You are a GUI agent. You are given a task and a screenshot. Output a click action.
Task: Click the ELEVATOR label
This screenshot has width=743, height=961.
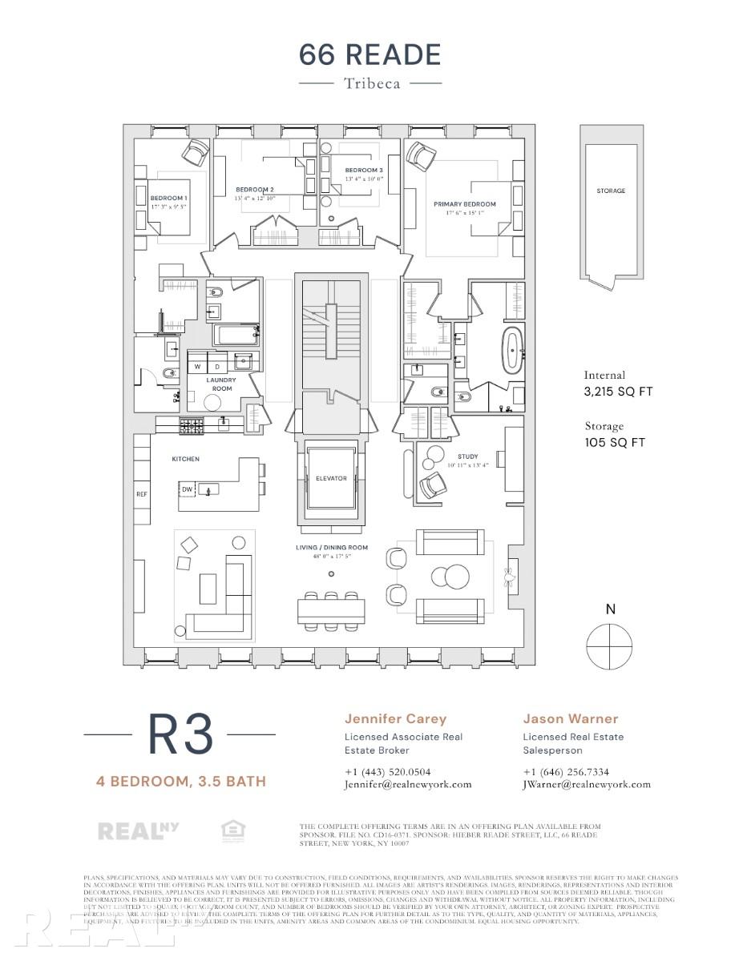pyautogui.click(x=331, y=478)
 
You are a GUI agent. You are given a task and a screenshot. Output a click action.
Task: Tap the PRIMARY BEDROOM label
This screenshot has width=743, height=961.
pyautogui.click(x=465, y=204)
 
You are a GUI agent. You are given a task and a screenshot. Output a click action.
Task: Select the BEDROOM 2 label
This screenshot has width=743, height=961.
pyautogui.click(x=255, y=189)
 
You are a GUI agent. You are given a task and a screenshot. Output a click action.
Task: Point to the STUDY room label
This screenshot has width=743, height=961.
pyautogui.click(x=468, y=457)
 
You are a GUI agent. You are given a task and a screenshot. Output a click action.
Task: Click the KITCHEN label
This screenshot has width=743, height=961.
pyautogui.click(x=185, y=459)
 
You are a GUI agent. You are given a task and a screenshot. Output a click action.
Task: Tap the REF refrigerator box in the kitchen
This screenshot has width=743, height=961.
pyautogui.click(x=142, y=494)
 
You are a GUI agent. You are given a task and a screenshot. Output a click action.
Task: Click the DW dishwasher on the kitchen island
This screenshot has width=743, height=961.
pyautogui.click(x=187, y=489)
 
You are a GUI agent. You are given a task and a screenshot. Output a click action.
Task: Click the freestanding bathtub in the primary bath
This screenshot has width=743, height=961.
pyautogui.click(x=511, y=349)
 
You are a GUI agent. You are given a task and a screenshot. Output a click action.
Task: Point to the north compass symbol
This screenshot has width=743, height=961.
pyautogui.click(x=609, y=645)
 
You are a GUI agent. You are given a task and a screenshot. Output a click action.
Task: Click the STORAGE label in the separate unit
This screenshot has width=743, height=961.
pyautogui.click(x=611, y=191)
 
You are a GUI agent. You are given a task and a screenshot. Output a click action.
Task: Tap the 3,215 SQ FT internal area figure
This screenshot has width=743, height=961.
pyautogui.click(x=618, y=392)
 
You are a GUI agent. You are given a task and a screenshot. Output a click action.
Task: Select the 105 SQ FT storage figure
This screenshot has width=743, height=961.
pyautogui.click(x=615, y=443)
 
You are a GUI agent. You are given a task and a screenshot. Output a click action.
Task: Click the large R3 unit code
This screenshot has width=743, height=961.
pyautogui.click(x=180, y=733)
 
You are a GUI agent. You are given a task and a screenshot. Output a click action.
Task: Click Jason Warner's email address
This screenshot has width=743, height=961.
pyautogui.click(x=587, y=785)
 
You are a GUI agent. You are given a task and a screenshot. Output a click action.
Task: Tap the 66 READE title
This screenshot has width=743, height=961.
pyautogui.click(x=370, y=54)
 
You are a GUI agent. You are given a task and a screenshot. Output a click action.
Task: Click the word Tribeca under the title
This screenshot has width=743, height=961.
pyautogui.click(x=371, y=82)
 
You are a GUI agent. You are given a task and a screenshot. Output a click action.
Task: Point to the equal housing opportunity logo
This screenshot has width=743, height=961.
pyautogui.click(x=232, y=831)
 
